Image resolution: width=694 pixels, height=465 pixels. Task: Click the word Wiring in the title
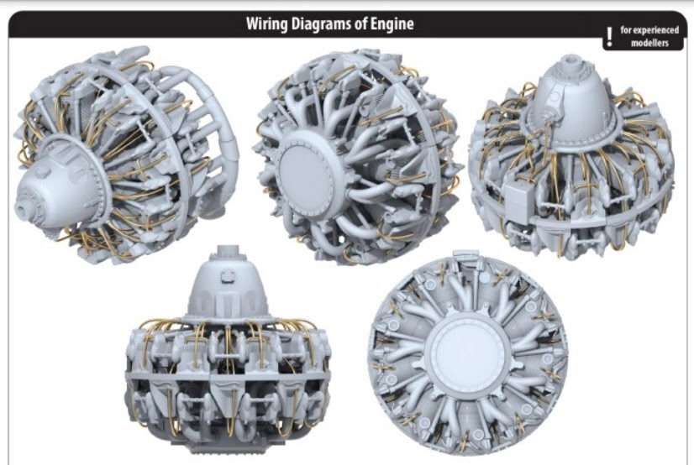(268, 24)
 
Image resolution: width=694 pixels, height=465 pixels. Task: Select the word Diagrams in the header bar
(326, 24)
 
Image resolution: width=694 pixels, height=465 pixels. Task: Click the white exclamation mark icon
(609, 36)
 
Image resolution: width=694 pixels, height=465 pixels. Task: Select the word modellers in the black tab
(649, 43)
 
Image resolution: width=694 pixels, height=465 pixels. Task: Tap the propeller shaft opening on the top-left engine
(24, 202)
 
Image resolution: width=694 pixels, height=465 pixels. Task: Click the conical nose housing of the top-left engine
(50, 185)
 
